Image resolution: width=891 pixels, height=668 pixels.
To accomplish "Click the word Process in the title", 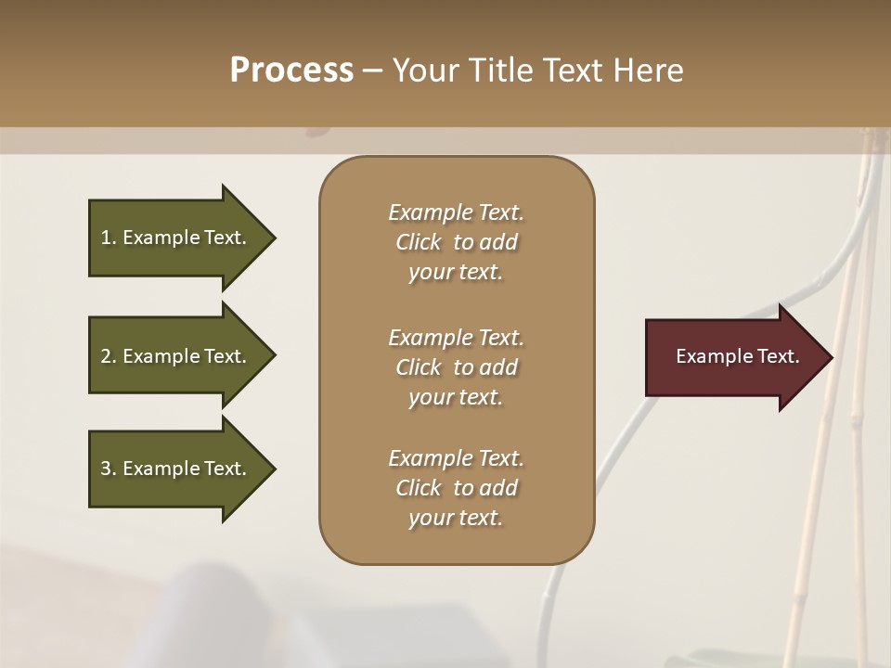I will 291,71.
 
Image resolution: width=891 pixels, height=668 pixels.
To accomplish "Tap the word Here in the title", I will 649,71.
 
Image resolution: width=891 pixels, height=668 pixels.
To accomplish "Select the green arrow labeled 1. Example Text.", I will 176,238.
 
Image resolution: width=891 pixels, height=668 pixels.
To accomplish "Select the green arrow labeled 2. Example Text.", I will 176,356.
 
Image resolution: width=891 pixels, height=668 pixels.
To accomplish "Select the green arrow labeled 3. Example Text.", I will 176,469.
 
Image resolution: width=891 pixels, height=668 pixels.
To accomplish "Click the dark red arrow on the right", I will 733,357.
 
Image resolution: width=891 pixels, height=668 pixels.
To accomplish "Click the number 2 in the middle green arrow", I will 105,356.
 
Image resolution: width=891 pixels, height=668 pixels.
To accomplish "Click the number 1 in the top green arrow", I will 105,238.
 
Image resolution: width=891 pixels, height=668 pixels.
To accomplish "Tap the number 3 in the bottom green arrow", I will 105,469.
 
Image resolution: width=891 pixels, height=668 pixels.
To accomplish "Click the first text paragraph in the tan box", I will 456,242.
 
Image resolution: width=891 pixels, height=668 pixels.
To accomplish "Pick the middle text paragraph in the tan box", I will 456,367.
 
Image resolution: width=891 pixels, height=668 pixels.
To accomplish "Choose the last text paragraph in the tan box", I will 456,488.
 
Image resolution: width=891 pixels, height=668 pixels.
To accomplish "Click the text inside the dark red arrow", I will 737,356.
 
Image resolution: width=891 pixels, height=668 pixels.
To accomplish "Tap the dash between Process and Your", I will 372,71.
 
